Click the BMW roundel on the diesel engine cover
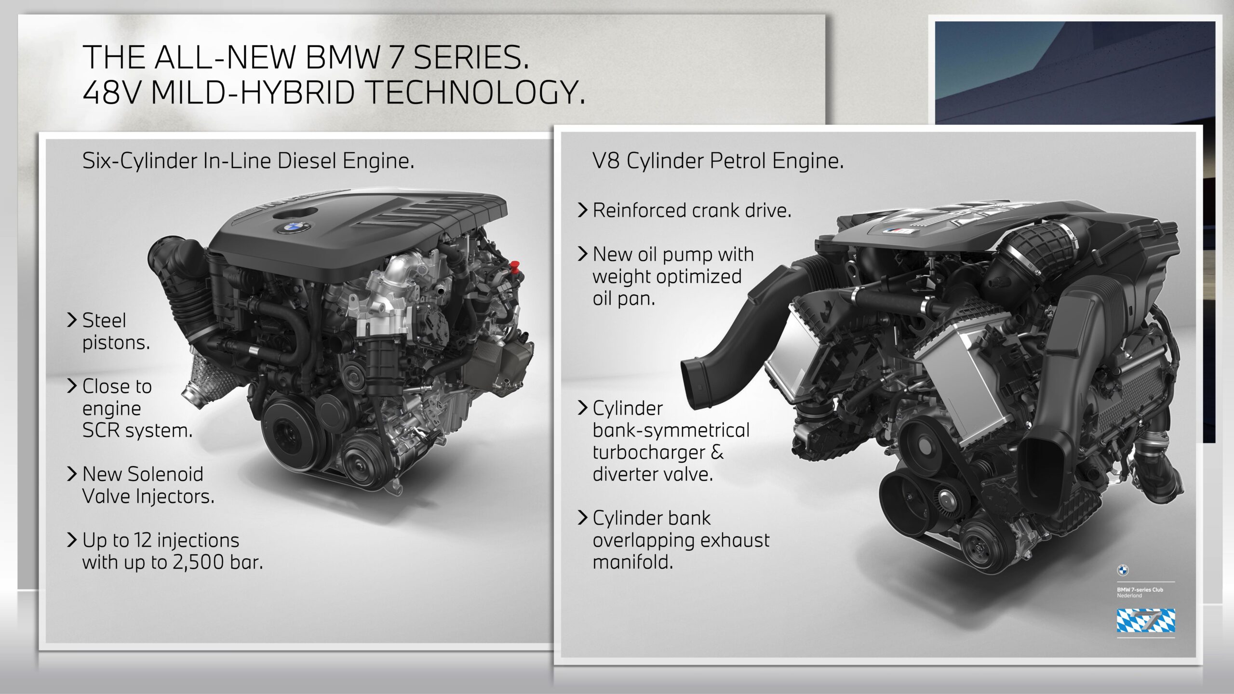(294, 227)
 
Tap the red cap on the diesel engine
(514, 266)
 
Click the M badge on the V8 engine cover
(900, 231)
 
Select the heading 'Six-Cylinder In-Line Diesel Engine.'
(248, 161)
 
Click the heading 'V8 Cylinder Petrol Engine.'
(718, 161)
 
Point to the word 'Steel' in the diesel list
(104, 320)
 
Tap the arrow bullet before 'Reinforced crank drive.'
(583, 210)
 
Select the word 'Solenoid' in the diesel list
(165, 474)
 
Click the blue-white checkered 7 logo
(1146, 620)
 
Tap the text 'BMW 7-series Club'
(1140, 589)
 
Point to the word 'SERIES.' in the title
(471, 57)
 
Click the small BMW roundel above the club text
(1123, 570)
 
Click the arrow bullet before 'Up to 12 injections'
(72, 540)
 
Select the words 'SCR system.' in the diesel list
(137, 430)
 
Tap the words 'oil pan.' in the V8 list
(624, 299)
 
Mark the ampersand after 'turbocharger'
(717, 453)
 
